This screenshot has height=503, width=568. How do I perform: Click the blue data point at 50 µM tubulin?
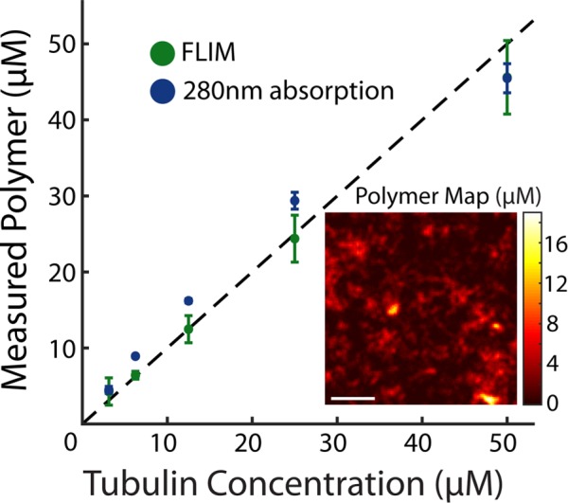coord(506,78)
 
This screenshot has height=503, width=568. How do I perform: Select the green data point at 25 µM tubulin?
coord(294,239)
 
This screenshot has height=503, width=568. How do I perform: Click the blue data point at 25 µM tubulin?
coord(294,201)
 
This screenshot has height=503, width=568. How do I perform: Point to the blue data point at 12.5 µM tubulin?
coord(188,300)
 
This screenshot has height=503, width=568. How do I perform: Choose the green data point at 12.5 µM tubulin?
coord(188,329)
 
